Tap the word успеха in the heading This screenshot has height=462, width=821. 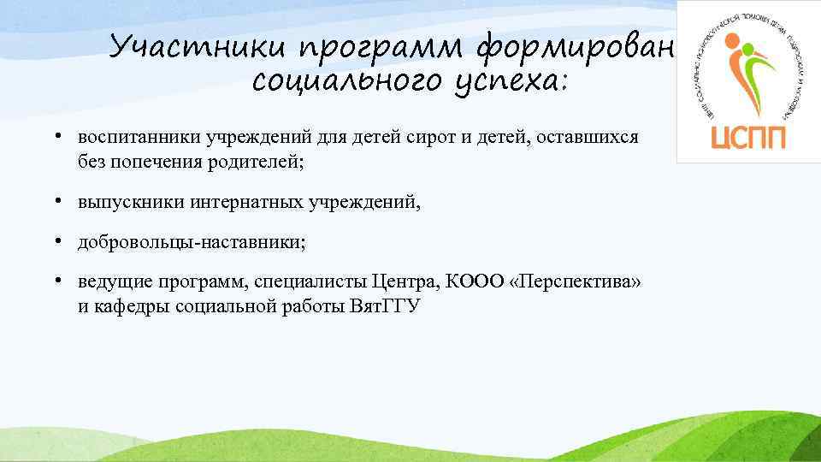(513, 84)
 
